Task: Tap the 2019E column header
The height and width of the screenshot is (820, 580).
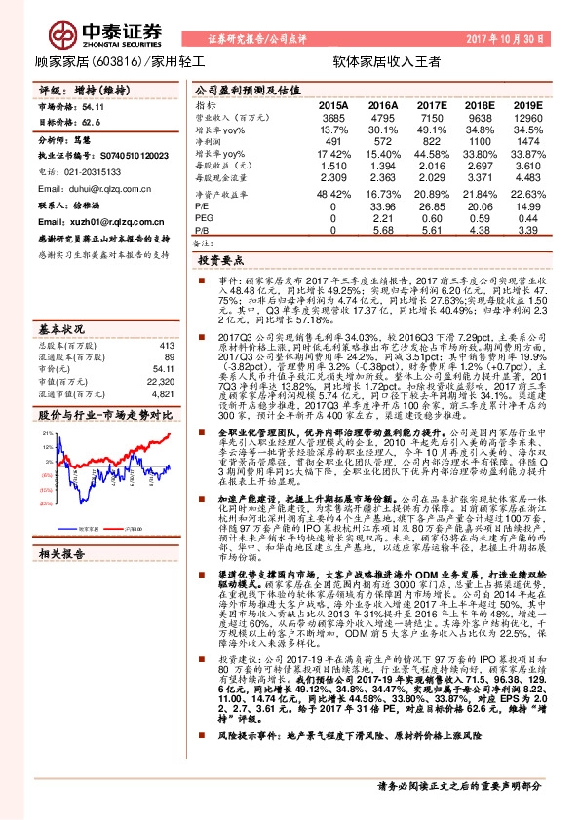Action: (526, 103)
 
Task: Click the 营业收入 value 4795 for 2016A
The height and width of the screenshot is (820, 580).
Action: (382, 117)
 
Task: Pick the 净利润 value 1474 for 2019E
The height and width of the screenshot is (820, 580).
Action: (526, 141)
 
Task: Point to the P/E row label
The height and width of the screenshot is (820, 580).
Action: (204, 206)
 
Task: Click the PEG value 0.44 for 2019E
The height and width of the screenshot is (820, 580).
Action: (526, 218)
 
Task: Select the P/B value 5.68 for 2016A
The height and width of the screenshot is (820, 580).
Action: (382, 230)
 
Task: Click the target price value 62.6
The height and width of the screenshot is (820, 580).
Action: (92, 123)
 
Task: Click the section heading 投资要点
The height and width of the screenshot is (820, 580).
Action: (219, 262)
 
